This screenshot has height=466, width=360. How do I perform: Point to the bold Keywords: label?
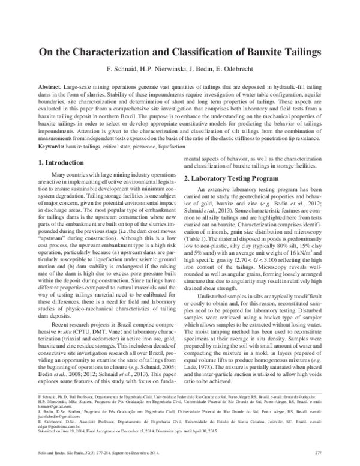pos(47,146)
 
